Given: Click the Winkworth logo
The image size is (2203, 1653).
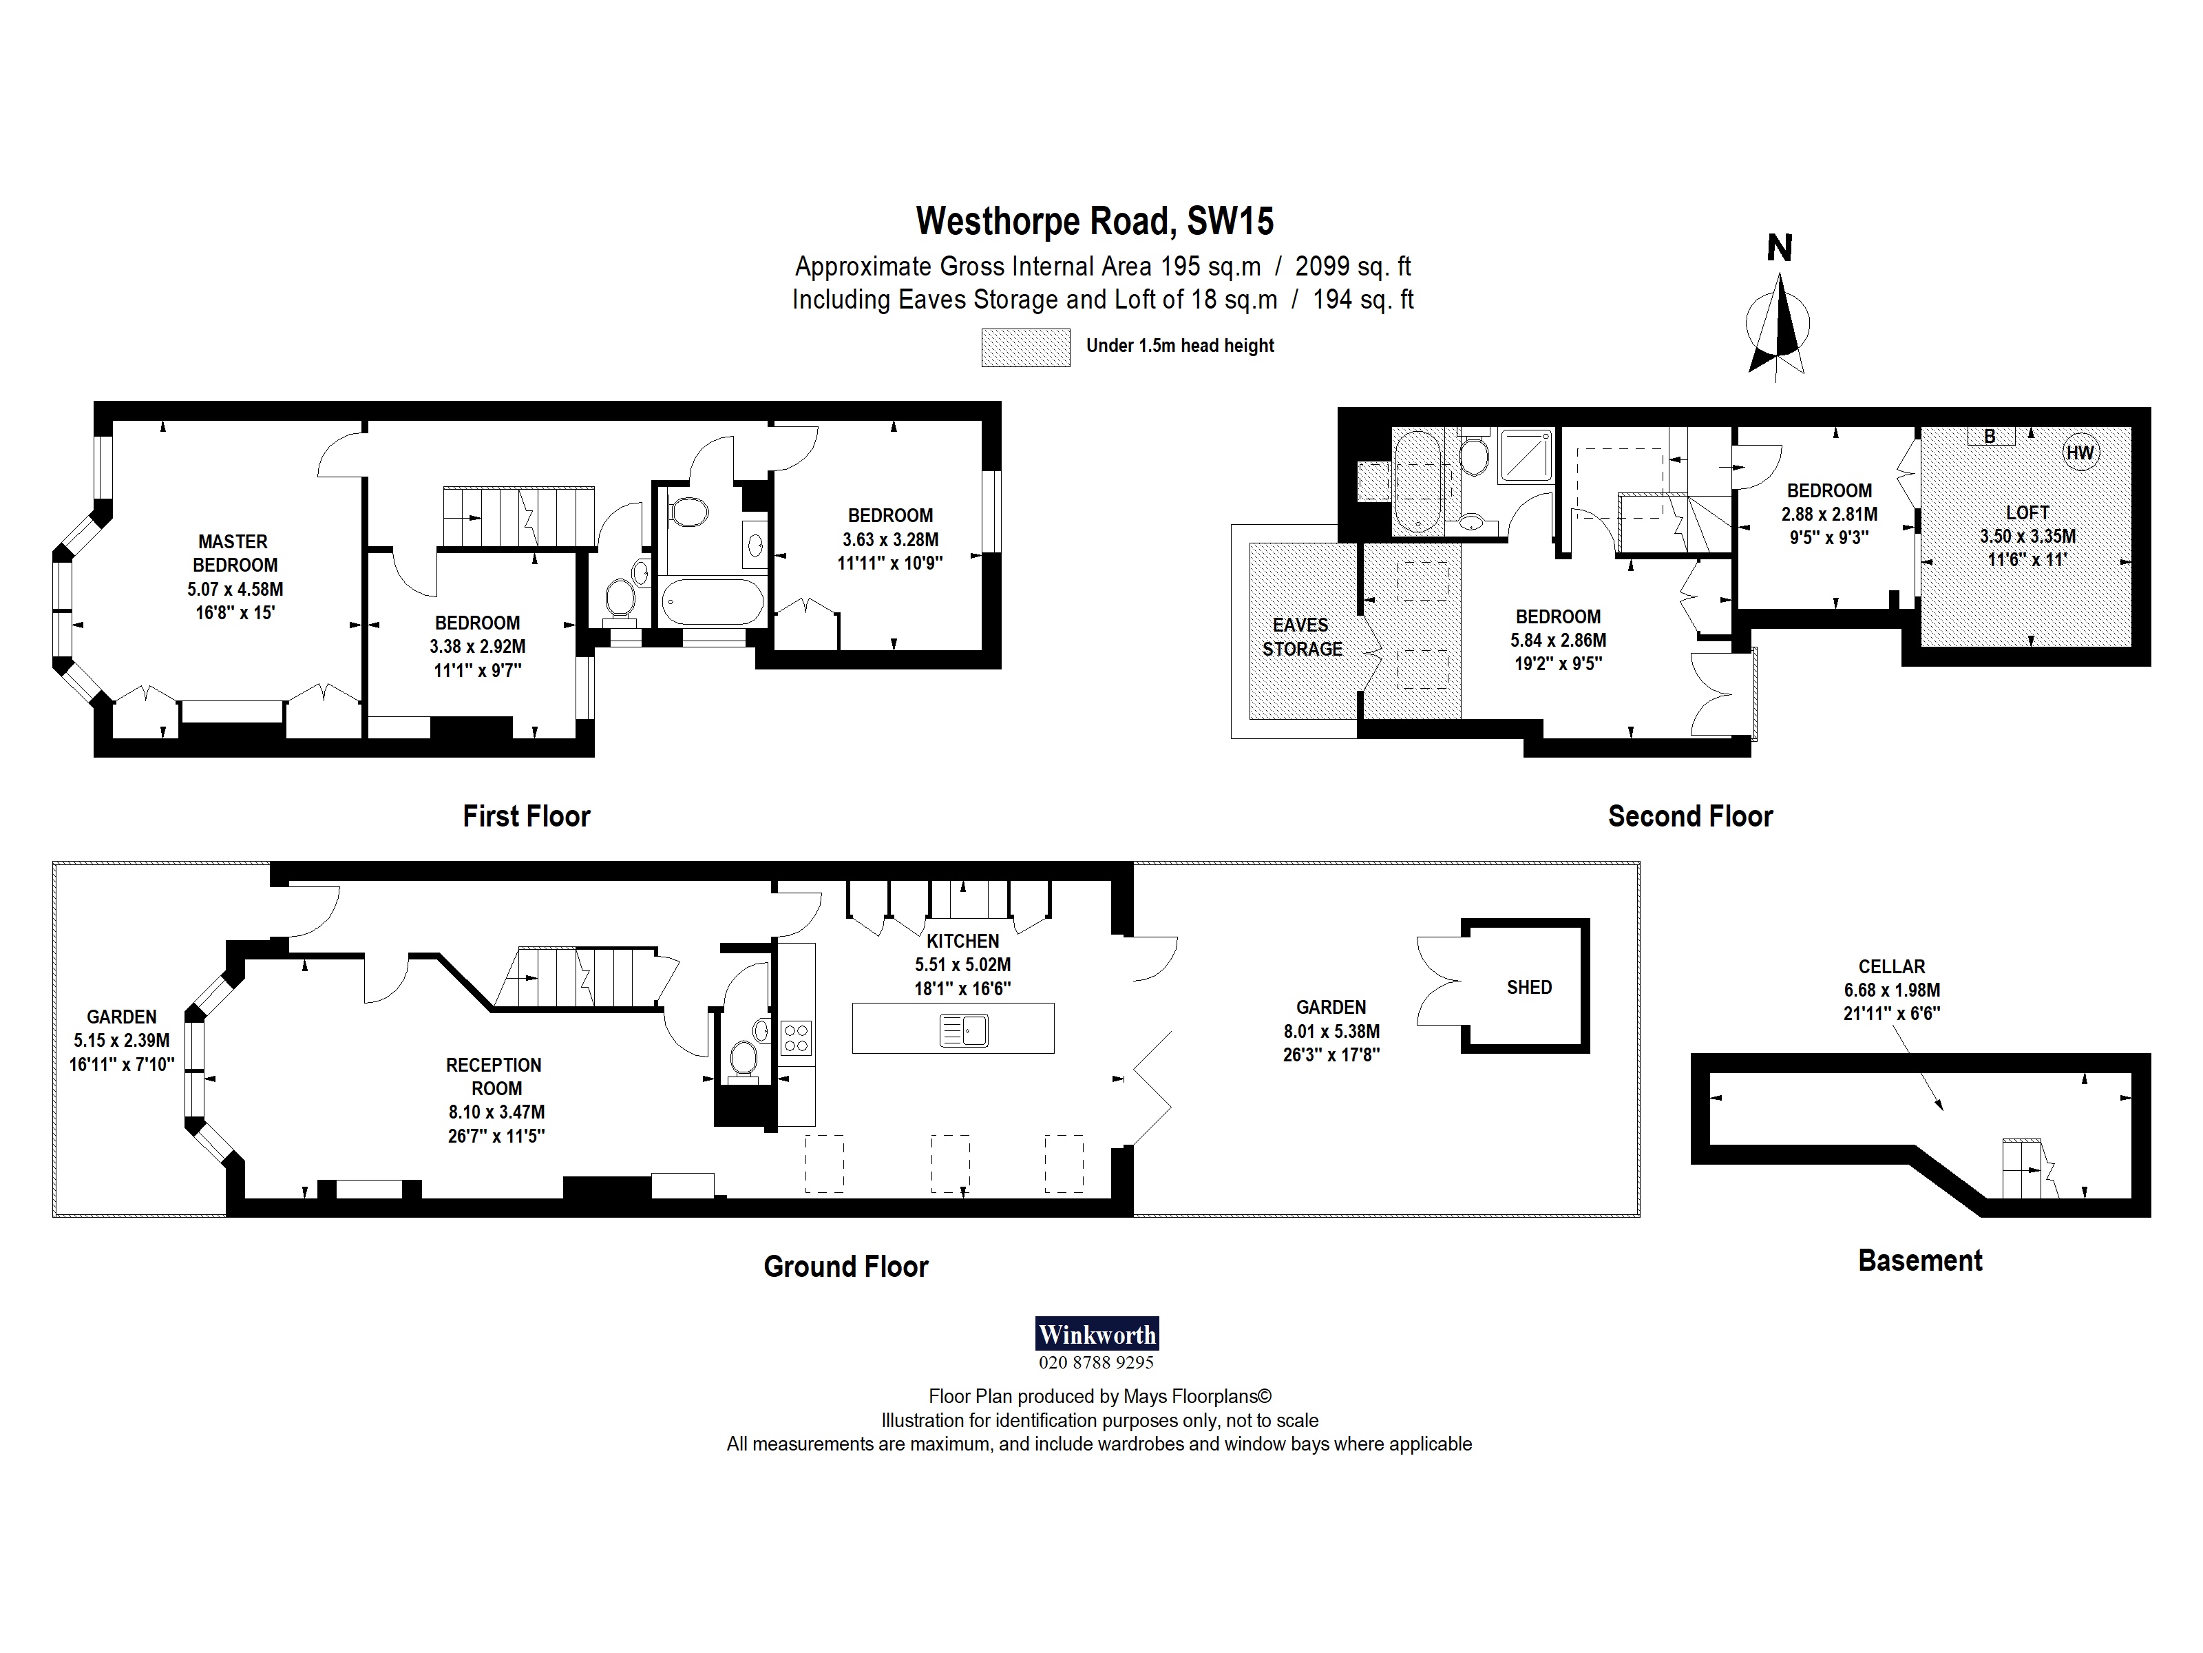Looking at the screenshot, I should pos(1097,1334).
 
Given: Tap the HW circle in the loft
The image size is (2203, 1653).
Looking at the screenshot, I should pos(2080,453).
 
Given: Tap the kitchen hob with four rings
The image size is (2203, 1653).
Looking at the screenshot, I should pos(796,1038).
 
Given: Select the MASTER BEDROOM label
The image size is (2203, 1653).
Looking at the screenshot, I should pos(234,553).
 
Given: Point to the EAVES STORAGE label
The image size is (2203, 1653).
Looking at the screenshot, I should pos(1302,636).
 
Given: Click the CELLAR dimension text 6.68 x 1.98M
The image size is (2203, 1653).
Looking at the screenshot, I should pos(1891,990).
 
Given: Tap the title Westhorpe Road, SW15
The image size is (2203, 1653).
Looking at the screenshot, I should pos(1095,221).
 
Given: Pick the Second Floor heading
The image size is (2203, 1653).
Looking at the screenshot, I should pos(1690,817).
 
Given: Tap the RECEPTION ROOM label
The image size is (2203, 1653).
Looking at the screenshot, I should pos(494,1076).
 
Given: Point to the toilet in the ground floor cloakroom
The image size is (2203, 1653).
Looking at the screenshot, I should pos(743,1059).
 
